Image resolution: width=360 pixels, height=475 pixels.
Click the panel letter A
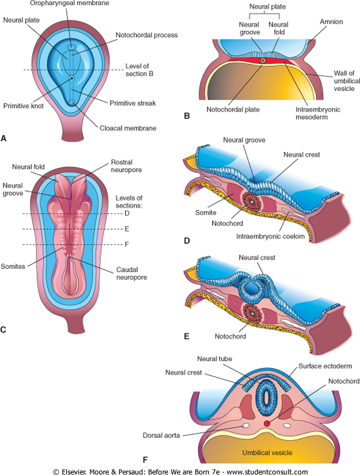[5, 138]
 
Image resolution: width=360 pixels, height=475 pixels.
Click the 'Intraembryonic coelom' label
[279, 235]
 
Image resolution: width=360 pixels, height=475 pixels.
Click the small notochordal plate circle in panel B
[263, 60]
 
